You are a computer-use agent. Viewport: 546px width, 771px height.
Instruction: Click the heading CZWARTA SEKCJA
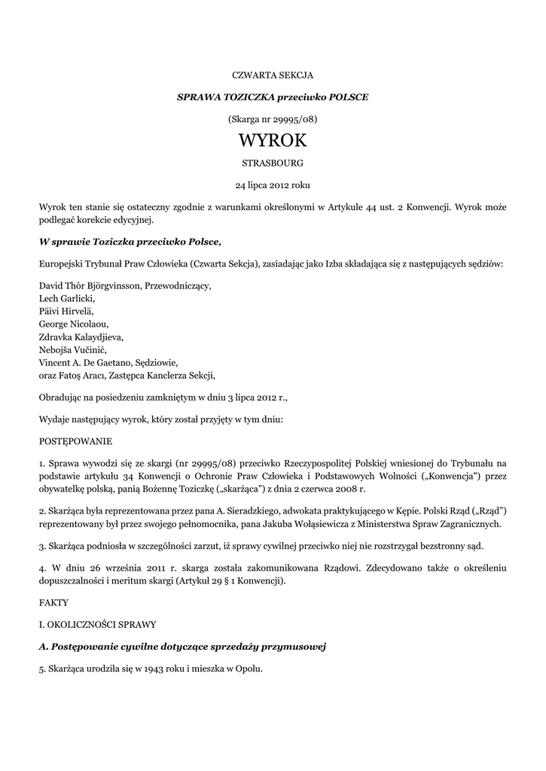coord(272,76)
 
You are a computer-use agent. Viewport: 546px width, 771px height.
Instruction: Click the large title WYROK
coord(272,141)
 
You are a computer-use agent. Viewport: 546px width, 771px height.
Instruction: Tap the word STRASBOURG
coord(272,163)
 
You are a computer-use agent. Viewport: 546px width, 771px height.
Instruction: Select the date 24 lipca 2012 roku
coord(272,184)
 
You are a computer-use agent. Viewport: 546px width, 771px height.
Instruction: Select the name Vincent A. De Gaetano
coord(88,362)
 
